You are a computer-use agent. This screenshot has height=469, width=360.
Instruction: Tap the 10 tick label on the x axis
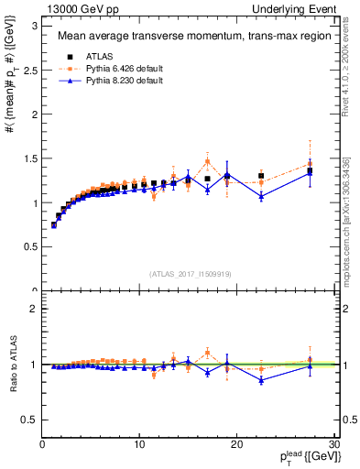tap(139, 445)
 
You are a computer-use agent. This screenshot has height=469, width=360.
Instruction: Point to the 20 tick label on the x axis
tap(236, 445)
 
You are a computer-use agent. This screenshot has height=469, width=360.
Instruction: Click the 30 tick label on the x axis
tap(333, 445)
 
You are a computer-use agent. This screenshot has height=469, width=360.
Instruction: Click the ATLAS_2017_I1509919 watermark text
tap(189, 273)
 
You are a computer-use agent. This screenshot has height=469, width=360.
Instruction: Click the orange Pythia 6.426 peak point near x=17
tap(207, 161)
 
